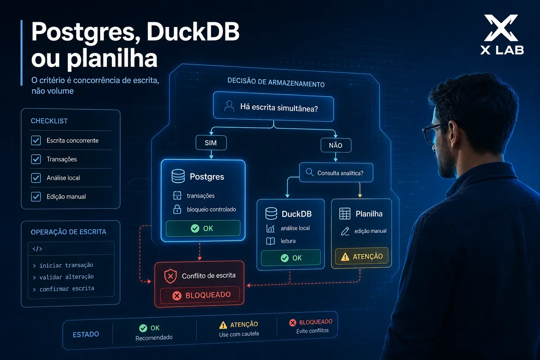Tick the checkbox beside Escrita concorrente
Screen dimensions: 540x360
tap(36, 140)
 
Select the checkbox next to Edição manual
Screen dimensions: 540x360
tap(36, 197)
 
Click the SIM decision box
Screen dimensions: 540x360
tap(211, 143)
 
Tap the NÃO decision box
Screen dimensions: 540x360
tap(336, 145)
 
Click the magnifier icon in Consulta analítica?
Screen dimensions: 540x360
tap(309, 172)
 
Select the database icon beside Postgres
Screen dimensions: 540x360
tap(178, 176)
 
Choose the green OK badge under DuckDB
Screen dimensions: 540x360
tap(291, 258)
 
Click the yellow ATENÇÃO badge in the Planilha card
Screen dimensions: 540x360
tap(362, 256)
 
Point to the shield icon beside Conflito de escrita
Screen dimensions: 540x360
tap(171, 276)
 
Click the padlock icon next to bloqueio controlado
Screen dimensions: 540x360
tap(177, 209)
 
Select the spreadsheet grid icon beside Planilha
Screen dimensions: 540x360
tap(345, 214)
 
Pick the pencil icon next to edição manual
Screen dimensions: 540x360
tap(345, 231)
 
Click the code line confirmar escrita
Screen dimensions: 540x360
tap(67, 289)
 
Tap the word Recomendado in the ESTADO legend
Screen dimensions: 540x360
tap(154, 337)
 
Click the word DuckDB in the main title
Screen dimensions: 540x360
tap(193, 32)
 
